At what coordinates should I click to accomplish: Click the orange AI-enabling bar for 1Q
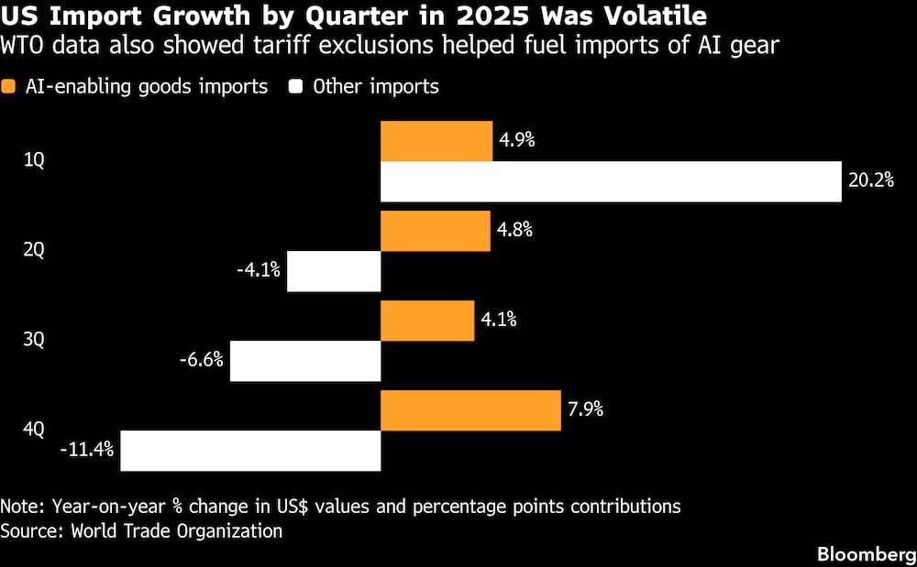[x=436, y=141]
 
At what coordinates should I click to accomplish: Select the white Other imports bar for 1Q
[x=611, y=181]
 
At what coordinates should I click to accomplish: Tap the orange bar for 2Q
[x=436, y=231]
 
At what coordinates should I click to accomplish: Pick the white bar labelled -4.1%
[x=334, y=271]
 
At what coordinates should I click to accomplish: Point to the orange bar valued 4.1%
[x=427, y=321]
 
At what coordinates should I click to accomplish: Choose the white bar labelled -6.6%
[x=305, y=361]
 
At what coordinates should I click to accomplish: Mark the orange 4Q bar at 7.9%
[x=470, y=410]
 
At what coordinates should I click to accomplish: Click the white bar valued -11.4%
[x=250, y=451]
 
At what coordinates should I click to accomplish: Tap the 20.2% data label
[x=870, y=180]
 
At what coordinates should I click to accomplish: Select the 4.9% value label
[x=517, y=140]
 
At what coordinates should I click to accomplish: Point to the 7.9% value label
[x=585, y=409]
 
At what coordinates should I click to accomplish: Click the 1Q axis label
[x=34, y=160]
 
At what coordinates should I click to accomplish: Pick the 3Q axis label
[x=34, y=340]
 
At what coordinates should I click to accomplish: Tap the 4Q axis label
[x=34, y=430]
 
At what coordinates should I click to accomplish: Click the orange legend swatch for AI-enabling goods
[x=10, y=87]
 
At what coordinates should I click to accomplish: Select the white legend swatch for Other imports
[x=296, y=87]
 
